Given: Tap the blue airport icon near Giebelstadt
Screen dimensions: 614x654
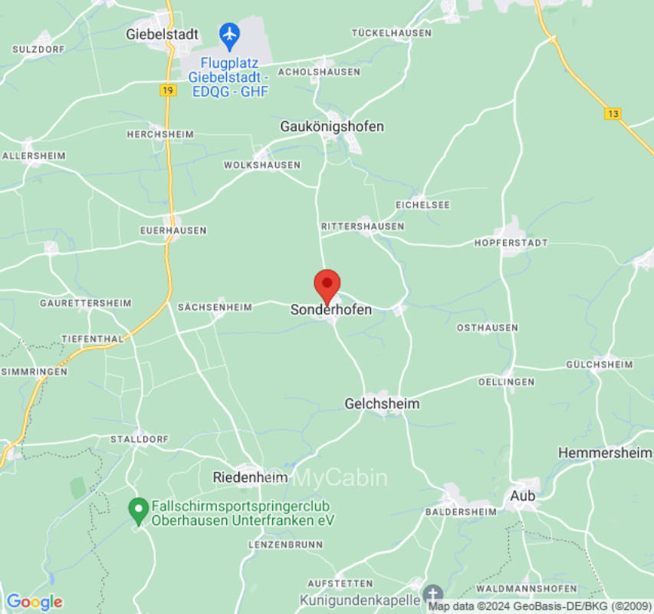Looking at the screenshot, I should pyautogui.click(x=229, y=34).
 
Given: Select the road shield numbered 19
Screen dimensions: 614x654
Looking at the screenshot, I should pyautogui.click(x=167, y=90).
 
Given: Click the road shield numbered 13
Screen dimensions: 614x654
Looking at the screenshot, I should pyautogui.click(x=612, y=114).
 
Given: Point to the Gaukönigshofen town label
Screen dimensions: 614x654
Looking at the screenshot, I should pyautogui.click(x=332, y=126).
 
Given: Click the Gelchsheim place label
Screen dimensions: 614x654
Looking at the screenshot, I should pyautogui.click(x=382, y=403).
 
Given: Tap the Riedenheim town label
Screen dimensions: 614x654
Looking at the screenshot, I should pyautogui.click(x=250, y=477).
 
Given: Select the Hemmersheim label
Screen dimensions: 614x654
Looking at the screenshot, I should pyautogui.click(x=605, y=453).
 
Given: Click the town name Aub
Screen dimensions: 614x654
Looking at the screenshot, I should pyautogui.click(x=523, y=496).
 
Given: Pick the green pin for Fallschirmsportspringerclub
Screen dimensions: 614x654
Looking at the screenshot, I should pyautogui.click(x=138, y=508).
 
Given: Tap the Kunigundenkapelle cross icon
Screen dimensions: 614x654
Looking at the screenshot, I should pyautogui.click(x=433, y=594).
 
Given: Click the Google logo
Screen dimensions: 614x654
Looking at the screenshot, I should pyautogui.click(x=34, y=602).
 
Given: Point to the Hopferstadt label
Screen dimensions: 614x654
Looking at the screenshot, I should pyautogui.click(x=521, y=243).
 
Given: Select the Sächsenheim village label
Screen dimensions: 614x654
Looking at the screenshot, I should pyautogui.click(x=215, y=307).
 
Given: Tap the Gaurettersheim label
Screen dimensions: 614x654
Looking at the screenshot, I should pyautogui.click(x=86, y=303).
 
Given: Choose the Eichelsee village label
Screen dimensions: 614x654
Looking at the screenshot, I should pyautogui.click(x=422, y=205).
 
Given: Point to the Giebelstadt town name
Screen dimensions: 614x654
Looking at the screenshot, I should pyautogui.click(x=162, y=35).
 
